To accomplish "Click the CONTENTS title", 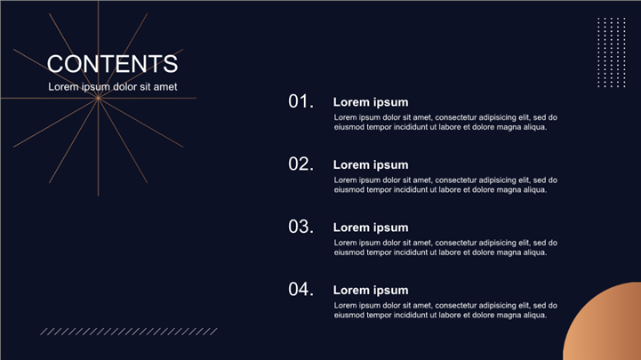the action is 112,64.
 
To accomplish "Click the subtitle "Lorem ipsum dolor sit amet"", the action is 113,86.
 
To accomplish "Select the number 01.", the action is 300,101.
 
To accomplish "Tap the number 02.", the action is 300,164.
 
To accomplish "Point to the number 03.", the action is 300,227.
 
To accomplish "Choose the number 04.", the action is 300,289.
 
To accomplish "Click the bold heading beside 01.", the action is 371,102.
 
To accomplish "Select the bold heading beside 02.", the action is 371,164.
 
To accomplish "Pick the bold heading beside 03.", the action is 371,228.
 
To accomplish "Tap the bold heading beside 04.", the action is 371,290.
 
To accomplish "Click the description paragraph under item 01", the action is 445,122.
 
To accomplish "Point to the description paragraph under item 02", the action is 445,185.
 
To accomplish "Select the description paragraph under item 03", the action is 445,247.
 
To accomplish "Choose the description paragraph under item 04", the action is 445,310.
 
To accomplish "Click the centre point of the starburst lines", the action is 98,98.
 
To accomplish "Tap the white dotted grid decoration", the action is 612,52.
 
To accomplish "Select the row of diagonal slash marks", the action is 129,332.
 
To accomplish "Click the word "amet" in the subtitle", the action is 165,86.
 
